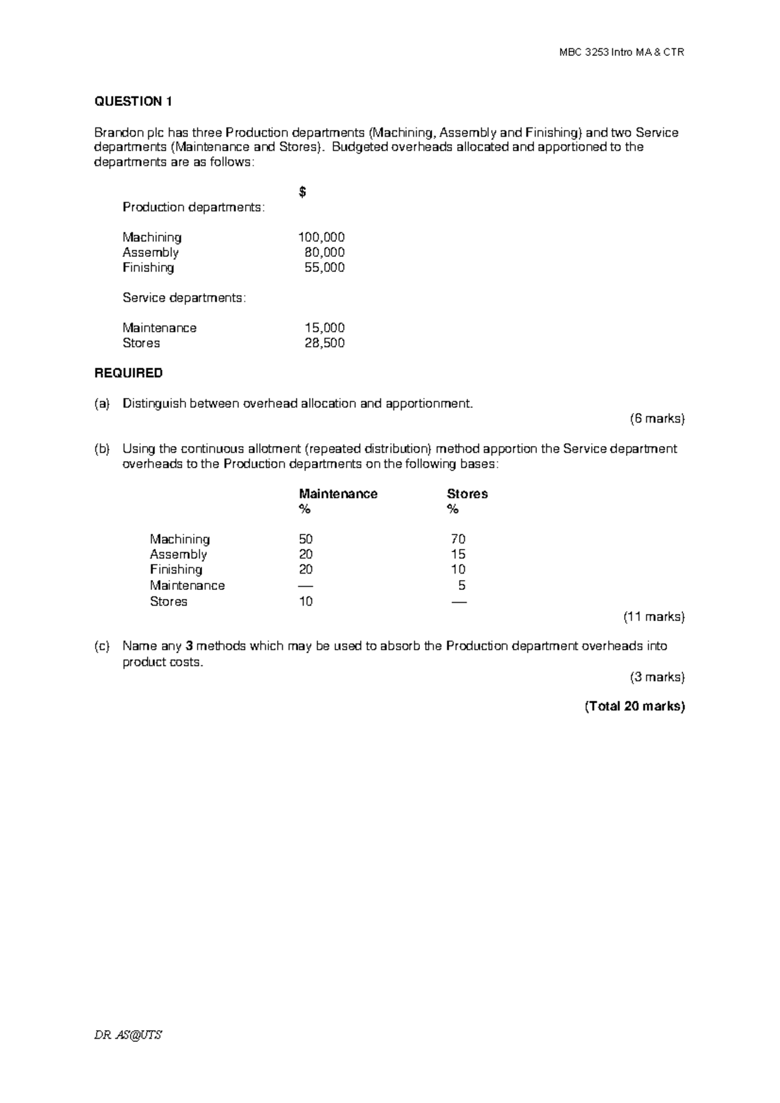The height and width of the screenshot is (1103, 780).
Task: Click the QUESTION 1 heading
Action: coord(133,101)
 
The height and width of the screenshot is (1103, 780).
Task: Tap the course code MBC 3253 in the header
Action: coord(588,52)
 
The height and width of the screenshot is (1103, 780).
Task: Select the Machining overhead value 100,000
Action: coord(321,237)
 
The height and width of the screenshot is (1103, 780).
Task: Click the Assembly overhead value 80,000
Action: coord(324,252)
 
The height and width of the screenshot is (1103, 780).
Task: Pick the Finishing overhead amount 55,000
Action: coord(324,267)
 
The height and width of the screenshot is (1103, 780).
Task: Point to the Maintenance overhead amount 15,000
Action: coord(324,328)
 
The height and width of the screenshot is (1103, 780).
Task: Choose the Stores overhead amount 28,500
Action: coord(324,343)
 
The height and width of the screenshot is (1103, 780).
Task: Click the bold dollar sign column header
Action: coord(302,193)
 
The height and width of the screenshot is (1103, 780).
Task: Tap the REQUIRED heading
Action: coord(129,373)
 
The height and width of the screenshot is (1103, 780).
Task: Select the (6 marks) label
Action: coord(657,419)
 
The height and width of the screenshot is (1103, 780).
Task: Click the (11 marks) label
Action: coord(654,617)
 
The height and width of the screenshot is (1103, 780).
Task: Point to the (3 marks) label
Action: coord(657,677)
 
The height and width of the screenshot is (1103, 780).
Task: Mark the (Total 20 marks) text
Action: coord(634,706)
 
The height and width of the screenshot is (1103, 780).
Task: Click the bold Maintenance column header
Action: coord(338,494)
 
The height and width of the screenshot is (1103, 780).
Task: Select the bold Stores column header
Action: coord(467,494)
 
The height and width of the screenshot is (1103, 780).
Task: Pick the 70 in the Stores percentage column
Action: coord(458,539)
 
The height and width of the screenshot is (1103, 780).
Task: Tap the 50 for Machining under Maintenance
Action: coord(305,539)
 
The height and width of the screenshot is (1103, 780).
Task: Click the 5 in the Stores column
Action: coord(461,585)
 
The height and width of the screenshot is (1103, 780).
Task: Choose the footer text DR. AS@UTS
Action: coord(128,1035)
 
